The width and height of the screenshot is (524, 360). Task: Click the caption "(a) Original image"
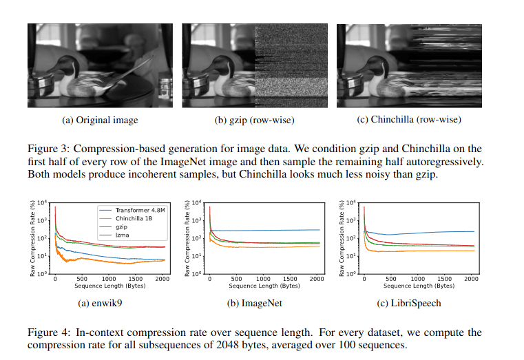tap(100, 120)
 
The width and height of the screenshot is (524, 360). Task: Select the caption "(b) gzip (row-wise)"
tap(254, 120)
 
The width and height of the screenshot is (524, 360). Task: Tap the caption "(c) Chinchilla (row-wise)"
tap(408, 120)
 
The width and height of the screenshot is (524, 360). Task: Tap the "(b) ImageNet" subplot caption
tap(254, 302)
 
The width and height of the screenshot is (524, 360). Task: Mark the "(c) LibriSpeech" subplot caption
tap(408, 302)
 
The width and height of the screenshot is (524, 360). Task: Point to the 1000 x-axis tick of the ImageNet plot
tap(262, 279)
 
